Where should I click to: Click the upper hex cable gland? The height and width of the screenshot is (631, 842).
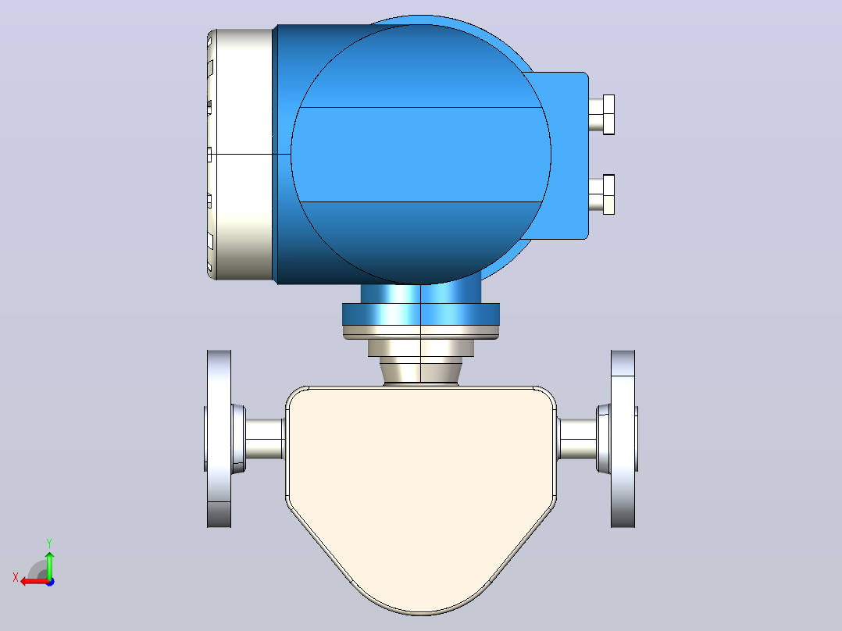(x=601, y=114)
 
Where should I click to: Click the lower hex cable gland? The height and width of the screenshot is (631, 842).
(x=601, y=194)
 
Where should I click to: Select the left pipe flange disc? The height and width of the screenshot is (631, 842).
(x=219, y=438)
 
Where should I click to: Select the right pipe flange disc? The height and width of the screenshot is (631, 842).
(x=623, y=438)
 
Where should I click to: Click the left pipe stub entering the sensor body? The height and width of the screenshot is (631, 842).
(x=265, y=439)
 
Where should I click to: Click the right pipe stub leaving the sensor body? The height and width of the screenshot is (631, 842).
(x=577, y=439)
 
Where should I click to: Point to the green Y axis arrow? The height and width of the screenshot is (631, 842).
(x=49, y=565)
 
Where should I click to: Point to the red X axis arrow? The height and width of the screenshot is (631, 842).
(x=35, y=581)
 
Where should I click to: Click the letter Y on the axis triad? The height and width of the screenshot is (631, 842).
(x=49, y=543)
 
